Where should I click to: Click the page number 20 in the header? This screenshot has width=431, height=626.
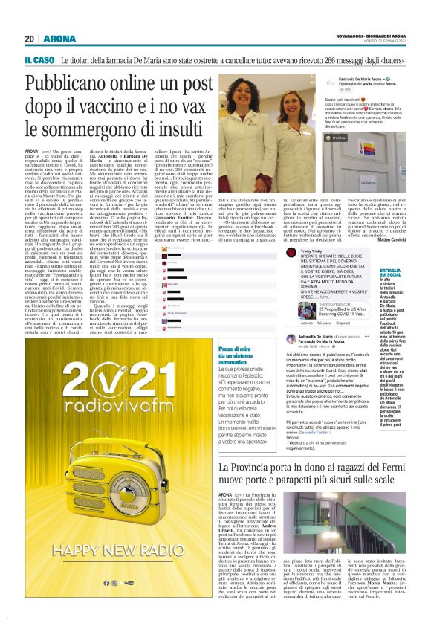(x=29, y=39)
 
